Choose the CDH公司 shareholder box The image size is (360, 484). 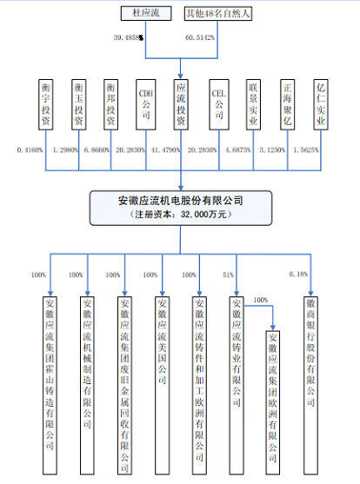click(145, 105)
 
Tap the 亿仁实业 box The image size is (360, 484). click(323, 105)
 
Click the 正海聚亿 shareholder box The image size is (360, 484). click(288, 105)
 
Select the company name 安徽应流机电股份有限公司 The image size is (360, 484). click(180, 200)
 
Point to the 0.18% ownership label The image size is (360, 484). click(297, 275)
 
